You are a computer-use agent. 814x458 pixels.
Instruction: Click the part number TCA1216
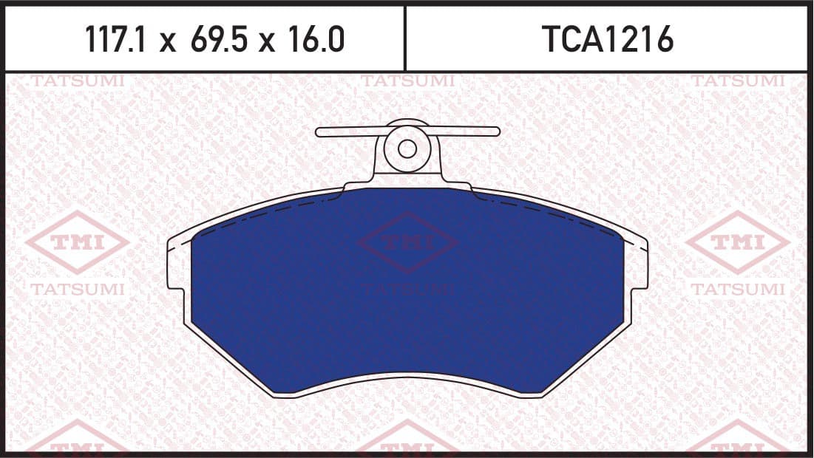pyautogui.click(x=608, y=39)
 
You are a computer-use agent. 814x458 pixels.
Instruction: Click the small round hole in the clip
pyautogui.click(x=407, y=149)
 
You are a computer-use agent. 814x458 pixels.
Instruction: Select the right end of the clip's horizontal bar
pyautogui.click(x=498, y=131)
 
